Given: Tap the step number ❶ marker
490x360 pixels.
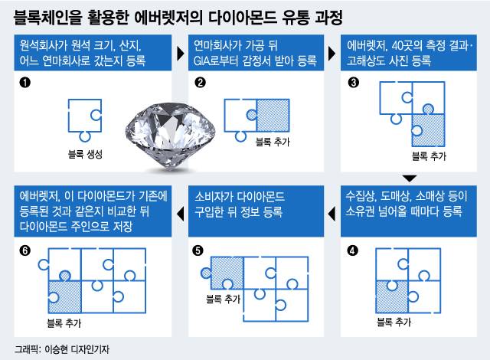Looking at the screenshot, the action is (x=24, y=83).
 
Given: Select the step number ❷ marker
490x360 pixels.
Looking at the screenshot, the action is (x=200, y=83).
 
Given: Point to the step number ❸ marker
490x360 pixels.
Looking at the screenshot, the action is (x=354, y=83).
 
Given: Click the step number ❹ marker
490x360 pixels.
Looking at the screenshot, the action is (x=352, y=250).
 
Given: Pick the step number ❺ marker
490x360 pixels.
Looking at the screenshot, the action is (x=198, y=250).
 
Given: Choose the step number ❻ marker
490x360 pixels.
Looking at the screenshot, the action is (x=24, y=250).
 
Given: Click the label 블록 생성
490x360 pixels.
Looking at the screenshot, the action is (x=85, y=154).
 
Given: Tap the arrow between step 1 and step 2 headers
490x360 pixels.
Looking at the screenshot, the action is (x=181, y=54).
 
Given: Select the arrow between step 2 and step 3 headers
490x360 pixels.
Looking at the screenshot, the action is (x=332, y=54).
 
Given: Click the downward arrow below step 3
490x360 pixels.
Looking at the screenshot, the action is (x=410, y=178).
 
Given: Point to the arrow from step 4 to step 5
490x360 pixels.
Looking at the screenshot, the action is (x=332, y=214).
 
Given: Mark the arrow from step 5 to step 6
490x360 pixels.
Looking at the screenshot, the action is (x=181, y=214).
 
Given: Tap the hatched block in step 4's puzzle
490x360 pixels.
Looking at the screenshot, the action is (x=392, y=297).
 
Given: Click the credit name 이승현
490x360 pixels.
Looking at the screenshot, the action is (x=56, y=349).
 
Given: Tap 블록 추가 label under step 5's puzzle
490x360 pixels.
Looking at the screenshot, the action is (x=223, y=299).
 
